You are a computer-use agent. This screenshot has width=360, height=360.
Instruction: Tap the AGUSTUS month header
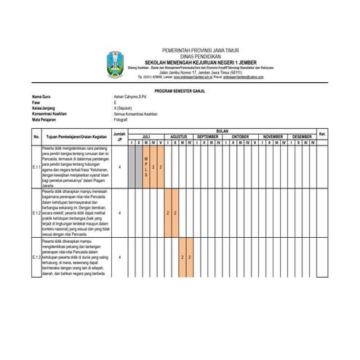point(179,136)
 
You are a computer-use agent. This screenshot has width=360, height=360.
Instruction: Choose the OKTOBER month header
point(240,136)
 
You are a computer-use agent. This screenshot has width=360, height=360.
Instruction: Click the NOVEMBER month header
point(273,136)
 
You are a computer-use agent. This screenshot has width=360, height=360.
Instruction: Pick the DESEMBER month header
point(302,136)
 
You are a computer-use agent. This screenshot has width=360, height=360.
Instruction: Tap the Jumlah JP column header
point(119,136)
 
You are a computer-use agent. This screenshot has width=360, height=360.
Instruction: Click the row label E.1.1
point(36,167)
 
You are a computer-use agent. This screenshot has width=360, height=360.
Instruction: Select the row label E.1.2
point(36,212)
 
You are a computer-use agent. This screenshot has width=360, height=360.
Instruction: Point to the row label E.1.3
point(36,257)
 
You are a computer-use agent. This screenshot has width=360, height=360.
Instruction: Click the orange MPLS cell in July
point(146,167)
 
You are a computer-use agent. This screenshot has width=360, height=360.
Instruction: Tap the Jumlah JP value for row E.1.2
point(119,212)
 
